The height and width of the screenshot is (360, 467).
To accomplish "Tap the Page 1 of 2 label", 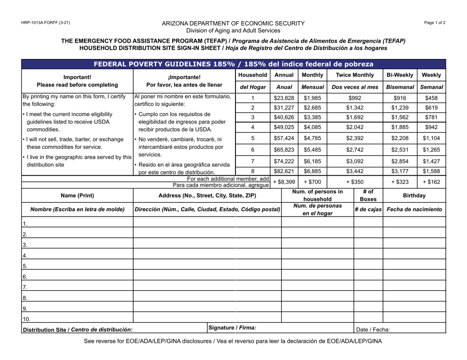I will tap(434, 23).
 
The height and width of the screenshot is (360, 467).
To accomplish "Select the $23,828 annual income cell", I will tap(284, 98).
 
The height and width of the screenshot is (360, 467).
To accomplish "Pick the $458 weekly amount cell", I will tap(431, 98).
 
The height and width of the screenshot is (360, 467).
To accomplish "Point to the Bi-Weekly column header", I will tap(399, 76).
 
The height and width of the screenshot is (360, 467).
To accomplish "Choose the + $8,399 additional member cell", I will tap(284, 182).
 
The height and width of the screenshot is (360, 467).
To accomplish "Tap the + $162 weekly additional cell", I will tap(431, 182).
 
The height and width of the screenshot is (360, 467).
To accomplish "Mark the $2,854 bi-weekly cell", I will tap(399, 161).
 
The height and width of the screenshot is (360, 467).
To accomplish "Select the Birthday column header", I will tap(414, 195).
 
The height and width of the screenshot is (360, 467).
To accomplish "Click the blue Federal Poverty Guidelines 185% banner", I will tap(233, 64).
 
